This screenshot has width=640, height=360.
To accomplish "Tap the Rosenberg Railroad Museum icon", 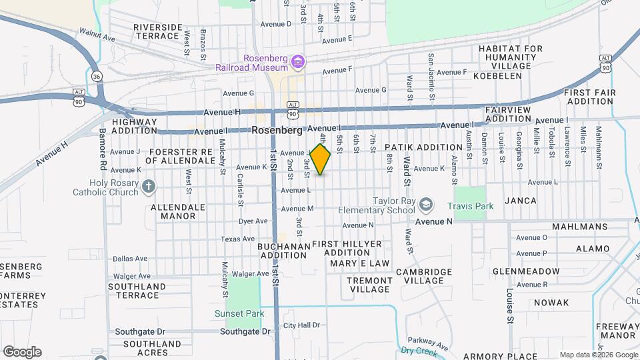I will pos(298,63).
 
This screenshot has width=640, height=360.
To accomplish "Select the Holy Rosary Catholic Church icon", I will pos(148,187).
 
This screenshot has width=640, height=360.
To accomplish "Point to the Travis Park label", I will pos(470,207).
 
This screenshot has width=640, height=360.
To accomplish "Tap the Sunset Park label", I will pos(239,313).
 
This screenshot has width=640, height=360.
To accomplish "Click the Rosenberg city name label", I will pos(277,131).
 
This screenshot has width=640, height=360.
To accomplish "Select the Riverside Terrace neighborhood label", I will pos(157,31).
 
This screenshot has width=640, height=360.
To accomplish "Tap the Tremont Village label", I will pos(369,285).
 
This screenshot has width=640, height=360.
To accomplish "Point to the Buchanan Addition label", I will pos(284,251).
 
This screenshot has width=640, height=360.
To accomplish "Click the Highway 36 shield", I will pos(97,76).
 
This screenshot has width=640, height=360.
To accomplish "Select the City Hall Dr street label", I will pos(301,325).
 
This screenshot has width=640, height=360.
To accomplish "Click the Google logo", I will pos(22,351).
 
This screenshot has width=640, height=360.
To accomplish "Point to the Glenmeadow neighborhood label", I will pos(526,271).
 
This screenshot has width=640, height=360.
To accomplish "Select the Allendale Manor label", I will pos(178,211).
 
